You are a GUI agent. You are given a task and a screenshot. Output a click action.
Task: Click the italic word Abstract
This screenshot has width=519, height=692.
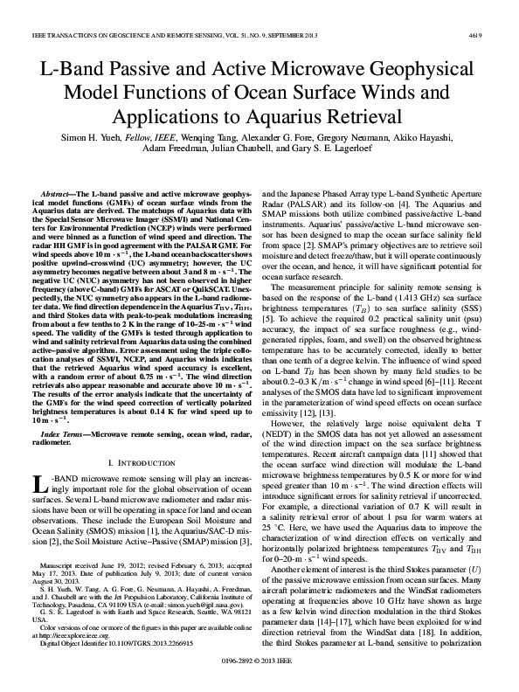click(59, 190)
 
